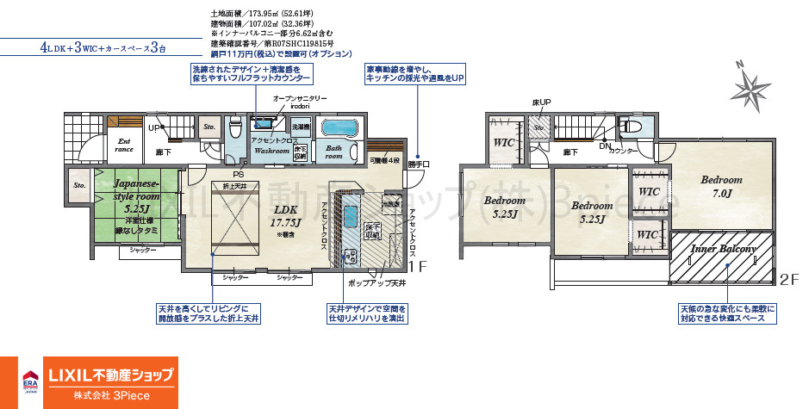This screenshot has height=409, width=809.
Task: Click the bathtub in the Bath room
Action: click(342, 129)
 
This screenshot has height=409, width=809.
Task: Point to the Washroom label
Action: click(271, 151)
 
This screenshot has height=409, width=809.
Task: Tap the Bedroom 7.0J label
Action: click(720, 186)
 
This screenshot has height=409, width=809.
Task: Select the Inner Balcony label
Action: click(724, 249)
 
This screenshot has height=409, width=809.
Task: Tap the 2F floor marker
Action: click(789, 280)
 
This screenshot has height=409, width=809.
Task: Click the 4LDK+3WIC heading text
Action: click(103, 47)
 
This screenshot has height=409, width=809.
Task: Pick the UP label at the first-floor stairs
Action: click(155, 128)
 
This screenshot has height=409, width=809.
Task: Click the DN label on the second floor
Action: click(604, 145)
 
